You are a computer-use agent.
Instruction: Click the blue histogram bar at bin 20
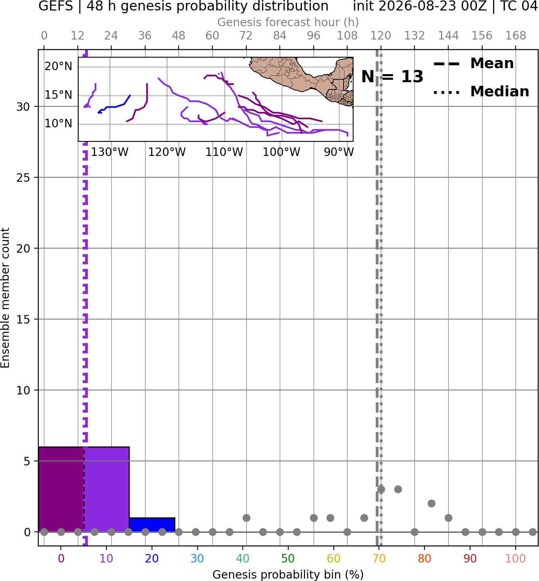click(x=152, y=525)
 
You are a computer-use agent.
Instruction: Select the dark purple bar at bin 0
click(x=61, y=489)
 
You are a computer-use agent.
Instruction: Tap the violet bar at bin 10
click(x=106, y=489)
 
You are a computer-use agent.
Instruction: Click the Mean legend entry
click(x=473, y=64)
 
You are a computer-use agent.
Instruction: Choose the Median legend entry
click(x=481, y=91)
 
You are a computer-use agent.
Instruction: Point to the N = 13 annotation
click(x=392, y=77)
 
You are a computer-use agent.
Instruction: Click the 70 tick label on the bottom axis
click(x=379, y=558)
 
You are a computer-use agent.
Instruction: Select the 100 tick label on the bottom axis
click(x=516, y=558)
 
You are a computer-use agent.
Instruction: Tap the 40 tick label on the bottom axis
click(x=243, y=558)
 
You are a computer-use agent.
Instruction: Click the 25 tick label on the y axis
click(x=23, y=178)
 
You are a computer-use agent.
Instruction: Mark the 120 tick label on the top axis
click(x=381, y=36)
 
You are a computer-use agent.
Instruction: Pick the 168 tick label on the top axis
click(x=516, y=36)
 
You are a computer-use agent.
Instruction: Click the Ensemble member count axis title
click(x=5, y=298)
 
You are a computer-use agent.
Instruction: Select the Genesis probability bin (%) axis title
click(x=288, y=574)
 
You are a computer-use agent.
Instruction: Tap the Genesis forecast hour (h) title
click(x=288, y=22)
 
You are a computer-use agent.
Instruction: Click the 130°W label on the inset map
click(x=110, y=152)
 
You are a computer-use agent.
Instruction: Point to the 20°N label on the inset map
click(x=58, y=66)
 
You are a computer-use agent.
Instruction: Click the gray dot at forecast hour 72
click(x=246, y=518)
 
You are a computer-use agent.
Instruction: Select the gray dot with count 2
click(x=431, y=504)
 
